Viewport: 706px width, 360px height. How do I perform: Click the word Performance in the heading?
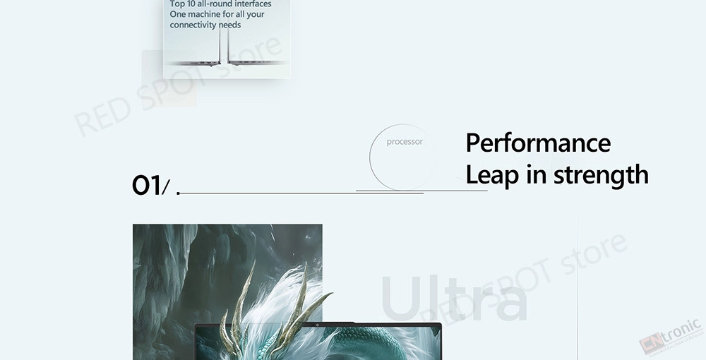click(538, 143)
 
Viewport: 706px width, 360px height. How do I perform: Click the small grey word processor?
click(405, 142)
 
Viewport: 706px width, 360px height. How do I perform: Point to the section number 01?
click(146, 186)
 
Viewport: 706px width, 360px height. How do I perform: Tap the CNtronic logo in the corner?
click(671, 336)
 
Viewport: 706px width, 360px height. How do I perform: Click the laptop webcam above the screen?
click(317, 325)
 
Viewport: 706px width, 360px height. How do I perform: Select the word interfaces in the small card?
click(252, 4)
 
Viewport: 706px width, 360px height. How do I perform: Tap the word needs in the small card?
click(229, 25)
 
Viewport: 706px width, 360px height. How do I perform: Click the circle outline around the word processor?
click(370, 157)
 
